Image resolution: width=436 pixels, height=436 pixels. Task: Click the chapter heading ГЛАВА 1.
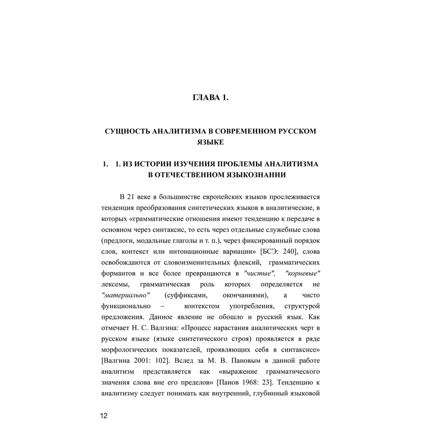coord(211,98)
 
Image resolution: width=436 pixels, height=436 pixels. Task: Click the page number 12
coord(104,416)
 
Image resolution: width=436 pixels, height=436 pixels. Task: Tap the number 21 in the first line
coord(132,197)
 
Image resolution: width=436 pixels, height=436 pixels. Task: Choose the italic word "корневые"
coord(303,273)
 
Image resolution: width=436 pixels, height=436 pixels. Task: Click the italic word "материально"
coord(126,295)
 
